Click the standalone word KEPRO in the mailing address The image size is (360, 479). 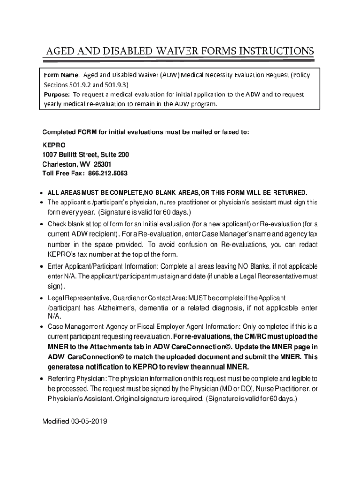(x=53, y=145)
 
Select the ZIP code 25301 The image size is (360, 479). (x=102, y=164)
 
